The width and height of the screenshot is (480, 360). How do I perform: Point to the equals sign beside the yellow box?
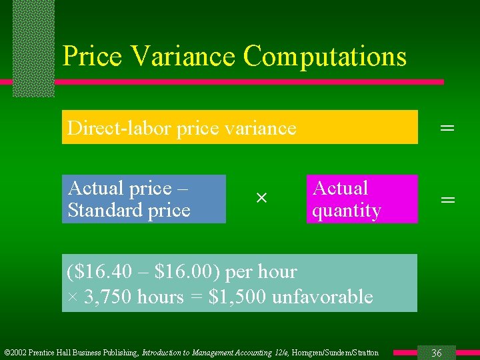[448, 127]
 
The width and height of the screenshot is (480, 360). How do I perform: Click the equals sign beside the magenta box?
[448, 199]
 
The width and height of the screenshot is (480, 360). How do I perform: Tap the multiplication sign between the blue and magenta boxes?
[261, 199]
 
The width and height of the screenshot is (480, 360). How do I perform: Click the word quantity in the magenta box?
[347, 211]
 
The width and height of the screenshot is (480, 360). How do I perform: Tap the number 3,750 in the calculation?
[106, 297]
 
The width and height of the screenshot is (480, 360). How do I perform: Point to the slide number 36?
[437, 353]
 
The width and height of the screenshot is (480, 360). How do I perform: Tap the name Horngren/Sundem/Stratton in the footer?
[337, 353]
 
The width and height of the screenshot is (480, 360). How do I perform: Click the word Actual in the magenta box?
[340, 189]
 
